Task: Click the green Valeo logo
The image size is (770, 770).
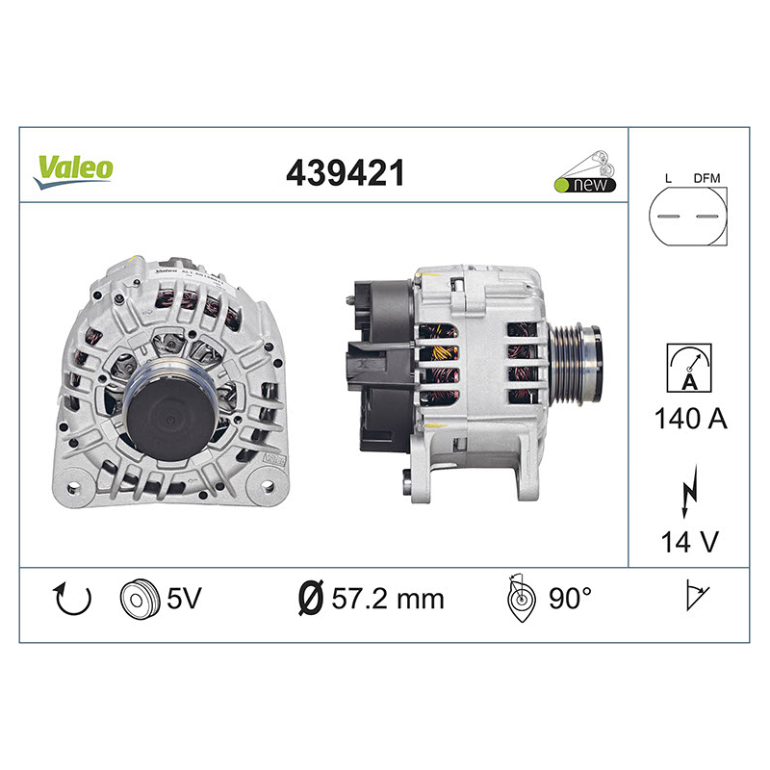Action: (x=74, y=172)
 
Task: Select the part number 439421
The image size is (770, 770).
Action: (x=346, y=173)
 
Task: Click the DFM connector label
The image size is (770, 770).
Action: (x=706, y=178)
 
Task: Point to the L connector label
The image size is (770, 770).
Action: (x=668, y=178)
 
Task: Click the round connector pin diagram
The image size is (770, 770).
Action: (x=687, y=216)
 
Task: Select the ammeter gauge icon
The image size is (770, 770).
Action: (x=689, y=368)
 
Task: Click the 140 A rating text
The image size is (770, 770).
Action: (x=690, y=419)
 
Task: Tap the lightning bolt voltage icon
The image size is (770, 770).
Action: (x=689, y=491)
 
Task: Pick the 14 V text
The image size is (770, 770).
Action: (x=689, y=542)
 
